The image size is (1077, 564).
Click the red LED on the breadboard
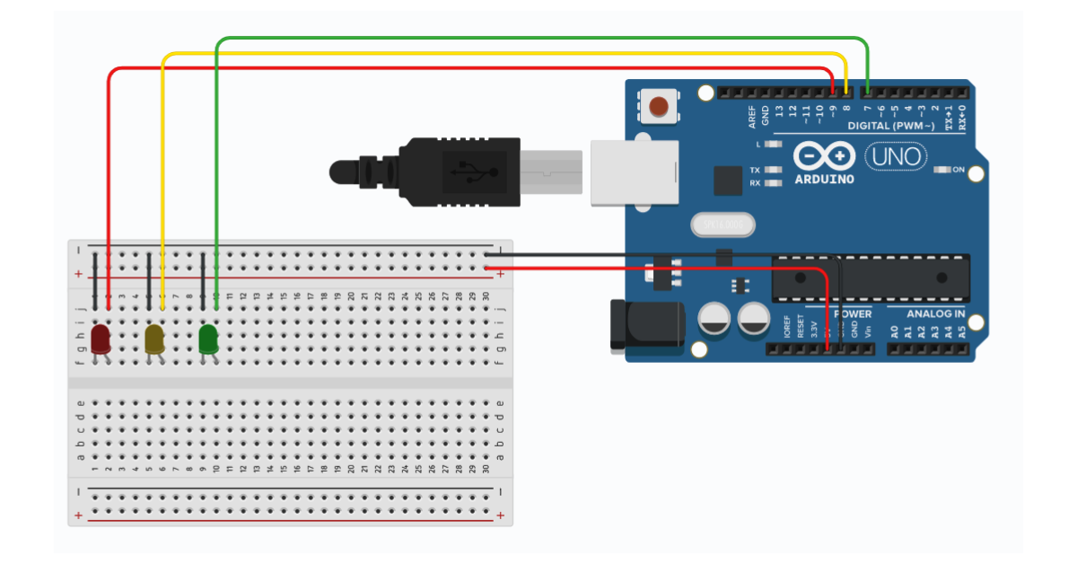click(x=101, y=339)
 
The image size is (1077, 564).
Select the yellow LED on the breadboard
click(x=154, y=339)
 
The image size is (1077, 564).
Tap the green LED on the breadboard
click(x=208, y=339)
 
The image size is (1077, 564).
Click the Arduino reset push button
click(x=660, y=107)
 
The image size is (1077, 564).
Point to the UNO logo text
click(x=896, y=157)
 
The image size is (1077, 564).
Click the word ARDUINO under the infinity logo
click(x=824, y=179)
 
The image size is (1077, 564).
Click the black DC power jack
click(x=644, y=324)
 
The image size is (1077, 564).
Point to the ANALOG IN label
click(x=935, y=314)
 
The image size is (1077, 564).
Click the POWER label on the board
click(x=852, y=314)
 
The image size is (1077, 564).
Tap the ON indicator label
click(x=959, y=170)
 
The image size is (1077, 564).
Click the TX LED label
click(x=755, y=170)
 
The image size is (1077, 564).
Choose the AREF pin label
click(x=752, y=115)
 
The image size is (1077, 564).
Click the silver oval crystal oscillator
click(x=723, y=225)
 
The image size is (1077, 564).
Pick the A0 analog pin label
click(x=894, y=331)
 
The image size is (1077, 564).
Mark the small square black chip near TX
click(x=728, y=181)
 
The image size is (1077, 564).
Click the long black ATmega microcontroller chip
click(x=871, y=278)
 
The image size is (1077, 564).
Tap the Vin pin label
click(x=868, y=330)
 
